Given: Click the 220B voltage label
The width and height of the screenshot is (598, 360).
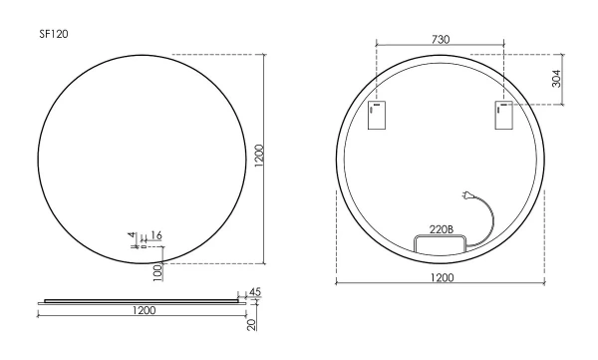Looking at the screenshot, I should [x=441, y=228].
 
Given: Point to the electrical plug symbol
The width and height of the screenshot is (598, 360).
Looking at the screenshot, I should [x=466, y=196].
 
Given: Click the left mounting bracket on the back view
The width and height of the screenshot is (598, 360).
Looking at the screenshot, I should [x=377, y=116].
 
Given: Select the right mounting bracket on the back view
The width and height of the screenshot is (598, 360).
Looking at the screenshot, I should [x=502, y=116].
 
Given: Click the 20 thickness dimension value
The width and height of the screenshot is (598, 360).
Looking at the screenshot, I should [x=254, y=323].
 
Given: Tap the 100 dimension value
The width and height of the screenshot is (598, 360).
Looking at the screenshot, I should [x=157, y=271].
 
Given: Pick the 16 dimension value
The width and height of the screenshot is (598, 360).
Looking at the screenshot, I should [x=156, y=235].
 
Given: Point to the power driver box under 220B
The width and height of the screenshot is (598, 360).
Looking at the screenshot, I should [x=434, y=242].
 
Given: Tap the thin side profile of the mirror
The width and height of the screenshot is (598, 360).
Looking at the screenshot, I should [x=140, y=298].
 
